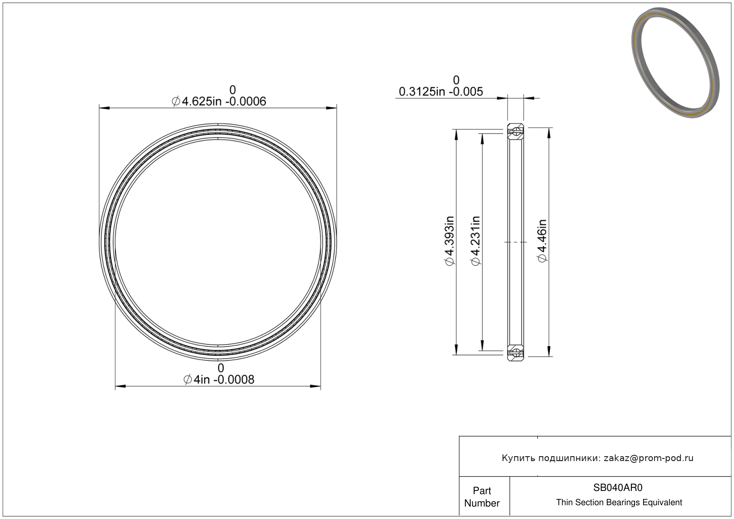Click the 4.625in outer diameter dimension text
pos(219,102)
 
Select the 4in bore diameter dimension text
pos(219,380)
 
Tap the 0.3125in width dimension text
pos(441,92)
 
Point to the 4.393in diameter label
pos(449,241)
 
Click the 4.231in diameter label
pos(475,241)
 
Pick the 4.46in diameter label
pos(542,241)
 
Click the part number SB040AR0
pos(618,487)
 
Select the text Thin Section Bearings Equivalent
pos(619,503)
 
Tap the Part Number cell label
pos(482,497)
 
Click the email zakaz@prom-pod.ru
pos(648,458)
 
